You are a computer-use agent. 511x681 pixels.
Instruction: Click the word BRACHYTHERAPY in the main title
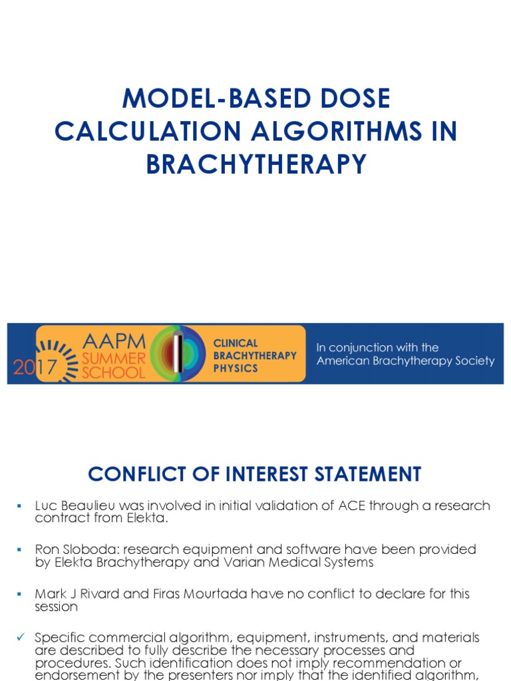(256, 164)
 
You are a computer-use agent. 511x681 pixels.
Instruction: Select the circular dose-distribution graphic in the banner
(178, 354)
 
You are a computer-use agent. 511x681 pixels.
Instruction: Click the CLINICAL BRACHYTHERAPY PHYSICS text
(254, 355)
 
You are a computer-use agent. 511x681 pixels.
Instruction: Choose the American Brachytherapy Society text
(405, 361)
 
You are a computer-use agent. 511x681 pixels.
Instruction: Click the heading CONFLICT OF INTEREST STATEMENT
(255, 474)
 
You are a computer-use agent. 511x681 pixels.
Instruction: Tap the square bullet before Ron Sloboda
(19, 550)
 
